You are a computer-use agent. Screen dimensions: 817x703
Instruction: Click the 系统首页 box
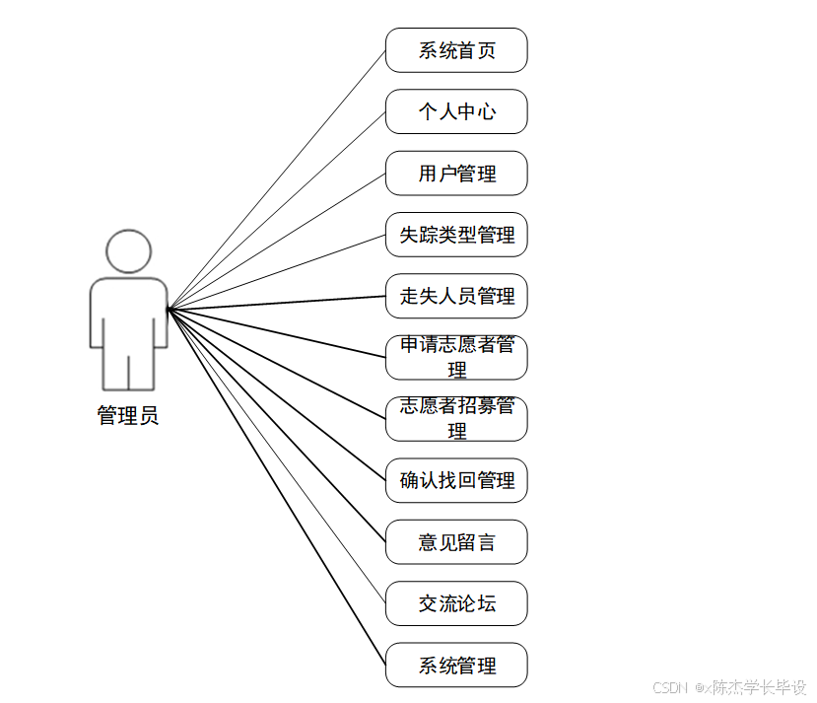456,50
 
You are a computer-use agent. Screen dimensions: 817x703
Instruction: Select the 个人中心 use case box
456,111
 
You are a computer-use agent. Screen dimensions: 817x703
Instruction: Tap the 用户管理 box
456,174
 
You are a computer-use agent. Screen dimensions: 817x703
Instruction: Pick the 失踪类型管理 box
456,235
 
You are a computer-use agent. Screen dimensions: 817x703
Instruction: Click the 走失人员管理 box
456,296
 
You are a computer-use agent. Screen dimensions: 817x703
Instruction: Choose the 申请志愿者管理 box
456,357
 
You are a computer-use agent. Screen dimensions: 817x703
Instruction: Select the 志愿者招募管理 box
456,419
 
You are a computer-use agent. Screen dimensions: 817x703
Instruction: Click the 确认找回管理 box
456,480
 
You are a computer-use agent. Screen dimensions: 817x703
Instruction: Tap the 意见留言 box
456,541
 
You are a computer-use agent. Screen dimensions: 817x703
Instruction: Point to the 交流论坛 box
456,603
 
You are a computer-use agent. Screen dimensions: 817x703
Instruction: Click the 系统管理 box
456,665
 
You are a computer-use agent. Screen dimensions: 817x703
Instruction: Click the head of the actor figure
129,251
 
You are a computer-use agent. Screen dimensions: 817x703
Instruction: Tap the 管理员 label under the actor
128,415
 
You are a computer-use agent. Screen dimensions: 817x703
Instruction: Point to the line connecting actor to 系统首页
277,179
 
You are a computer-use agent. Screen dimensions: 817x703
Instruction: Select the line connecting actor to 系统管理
277,487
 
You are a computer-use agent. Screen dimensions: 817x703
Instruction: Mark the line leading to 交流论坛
277,457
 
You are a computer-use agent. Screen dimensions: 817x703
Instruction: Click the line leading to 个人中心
277,210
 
